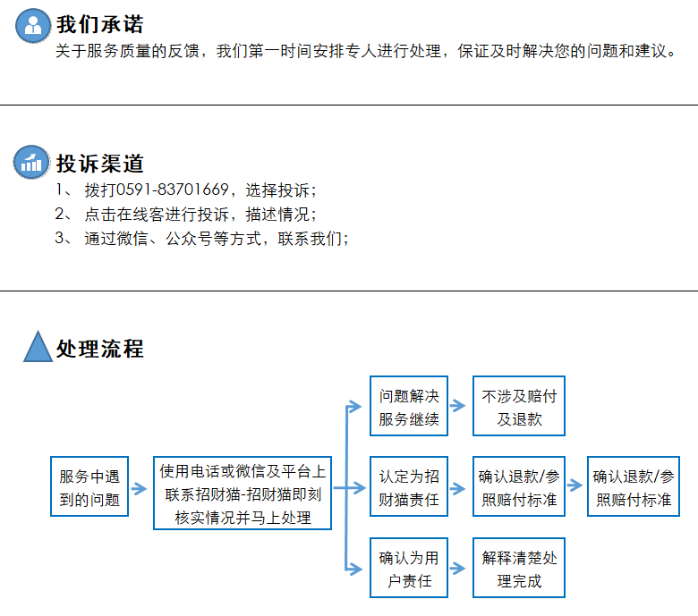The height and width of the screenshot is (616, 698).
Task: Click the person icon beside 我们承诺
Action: point(33,26)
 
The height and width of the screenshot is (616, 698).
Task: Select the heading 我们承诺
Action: point(99,24)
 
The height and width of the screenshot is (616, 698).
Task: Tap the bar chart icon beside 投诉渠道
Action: point(31,163)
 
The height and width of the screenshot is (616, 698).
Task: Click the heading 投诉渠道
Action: point(99,164)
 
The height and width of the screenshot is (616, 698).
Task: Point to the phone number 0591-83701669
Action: point(173,190)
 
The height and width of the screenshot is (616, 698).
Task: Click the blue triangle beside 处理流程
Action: point(38,347)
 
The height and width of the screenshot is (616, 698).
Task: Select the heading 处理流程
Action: point(99,349)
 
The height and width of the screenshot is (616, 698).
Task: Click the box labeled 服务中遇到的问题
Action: point(89,486)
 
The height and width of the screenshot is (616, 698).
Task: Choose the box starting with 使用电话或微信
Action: point(243,494)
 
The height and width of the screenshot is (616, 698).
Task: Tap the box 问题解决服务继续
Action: point(409,406)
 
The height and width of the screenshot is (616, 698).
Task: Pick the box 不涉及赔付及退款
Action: point(519,406)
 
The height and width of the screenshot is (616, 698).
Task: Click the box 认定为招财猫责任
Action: point(409,486)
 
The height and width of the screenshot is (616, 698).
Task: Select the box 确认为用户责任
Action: point(409,568)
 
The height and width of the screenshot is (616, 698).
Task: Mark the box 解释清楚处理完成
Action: point(519,568)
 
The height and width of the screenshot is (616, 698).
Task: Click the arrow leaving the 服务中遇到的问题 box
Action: point(140,488)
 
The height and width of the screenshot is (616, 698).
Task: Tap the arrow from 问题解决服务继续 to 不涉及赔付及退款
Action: point(458,406)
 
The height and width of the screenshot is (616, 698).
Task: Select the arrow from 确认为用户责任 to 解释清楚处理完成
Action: point(458,568)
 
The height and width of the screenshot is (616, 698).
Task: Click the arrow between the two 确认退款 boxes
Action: point(575,485)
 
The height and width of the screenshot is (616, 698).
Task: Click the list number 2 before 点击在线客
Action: point(60,214)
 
